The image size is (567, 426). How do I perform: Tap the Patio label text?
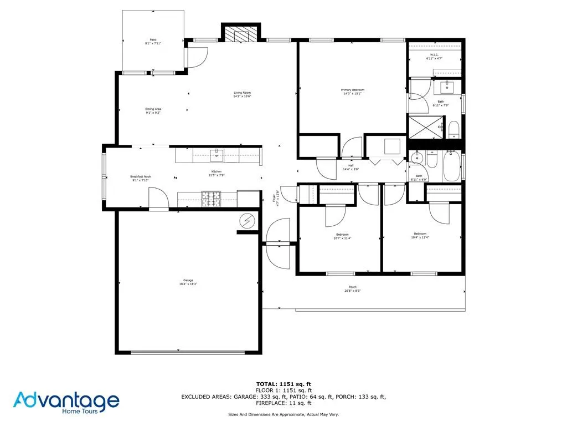151,42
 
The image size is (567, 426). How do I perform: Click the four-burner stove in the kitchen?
210,196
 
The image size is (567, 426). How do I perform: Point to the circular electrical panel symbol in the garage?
246,221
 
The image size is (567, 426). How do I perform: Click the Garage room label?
188,281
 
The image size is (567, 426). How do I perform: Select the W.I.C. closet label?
434,56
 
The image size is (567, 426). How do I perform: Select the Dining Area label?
153,110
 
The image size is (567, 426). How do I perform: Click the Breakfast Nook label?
140,178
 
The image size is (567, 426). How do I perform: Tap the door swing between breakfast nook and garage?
157,196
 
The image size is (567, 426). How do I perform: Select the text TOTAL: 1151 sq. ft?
283,384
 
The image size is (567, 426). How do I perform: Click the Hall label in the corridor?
351,167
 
